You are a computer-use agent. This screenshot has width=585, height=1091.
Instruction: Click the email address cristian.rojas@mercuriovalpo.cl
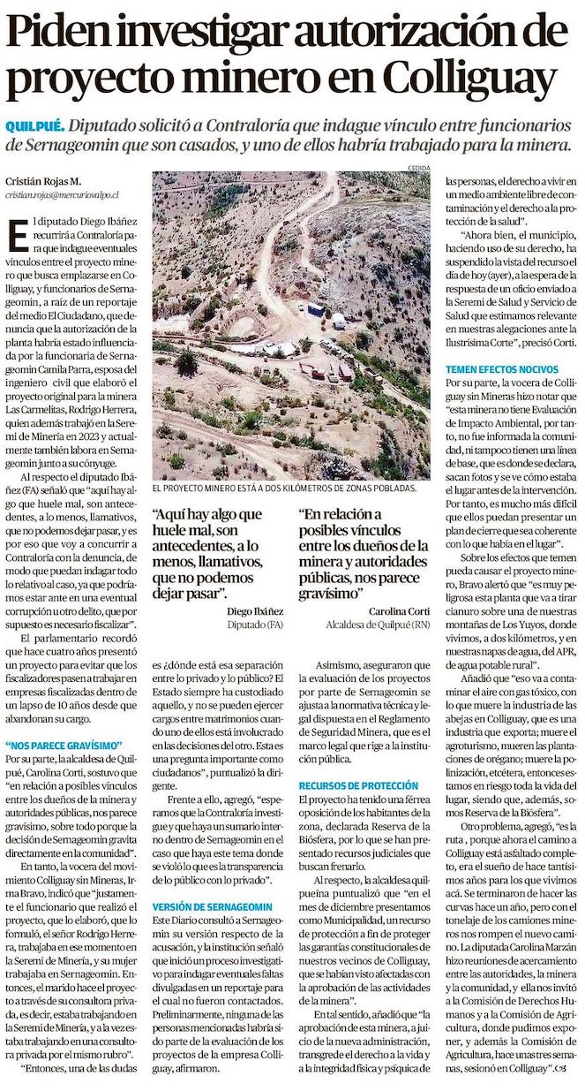[x=62, y=192]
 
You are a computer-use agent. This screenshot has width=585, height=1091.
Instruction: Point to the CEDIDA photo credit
[x=418, y=167]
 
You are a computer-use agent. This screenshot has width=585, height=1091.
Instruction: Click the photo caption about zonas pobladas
[x=283, y=488]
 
